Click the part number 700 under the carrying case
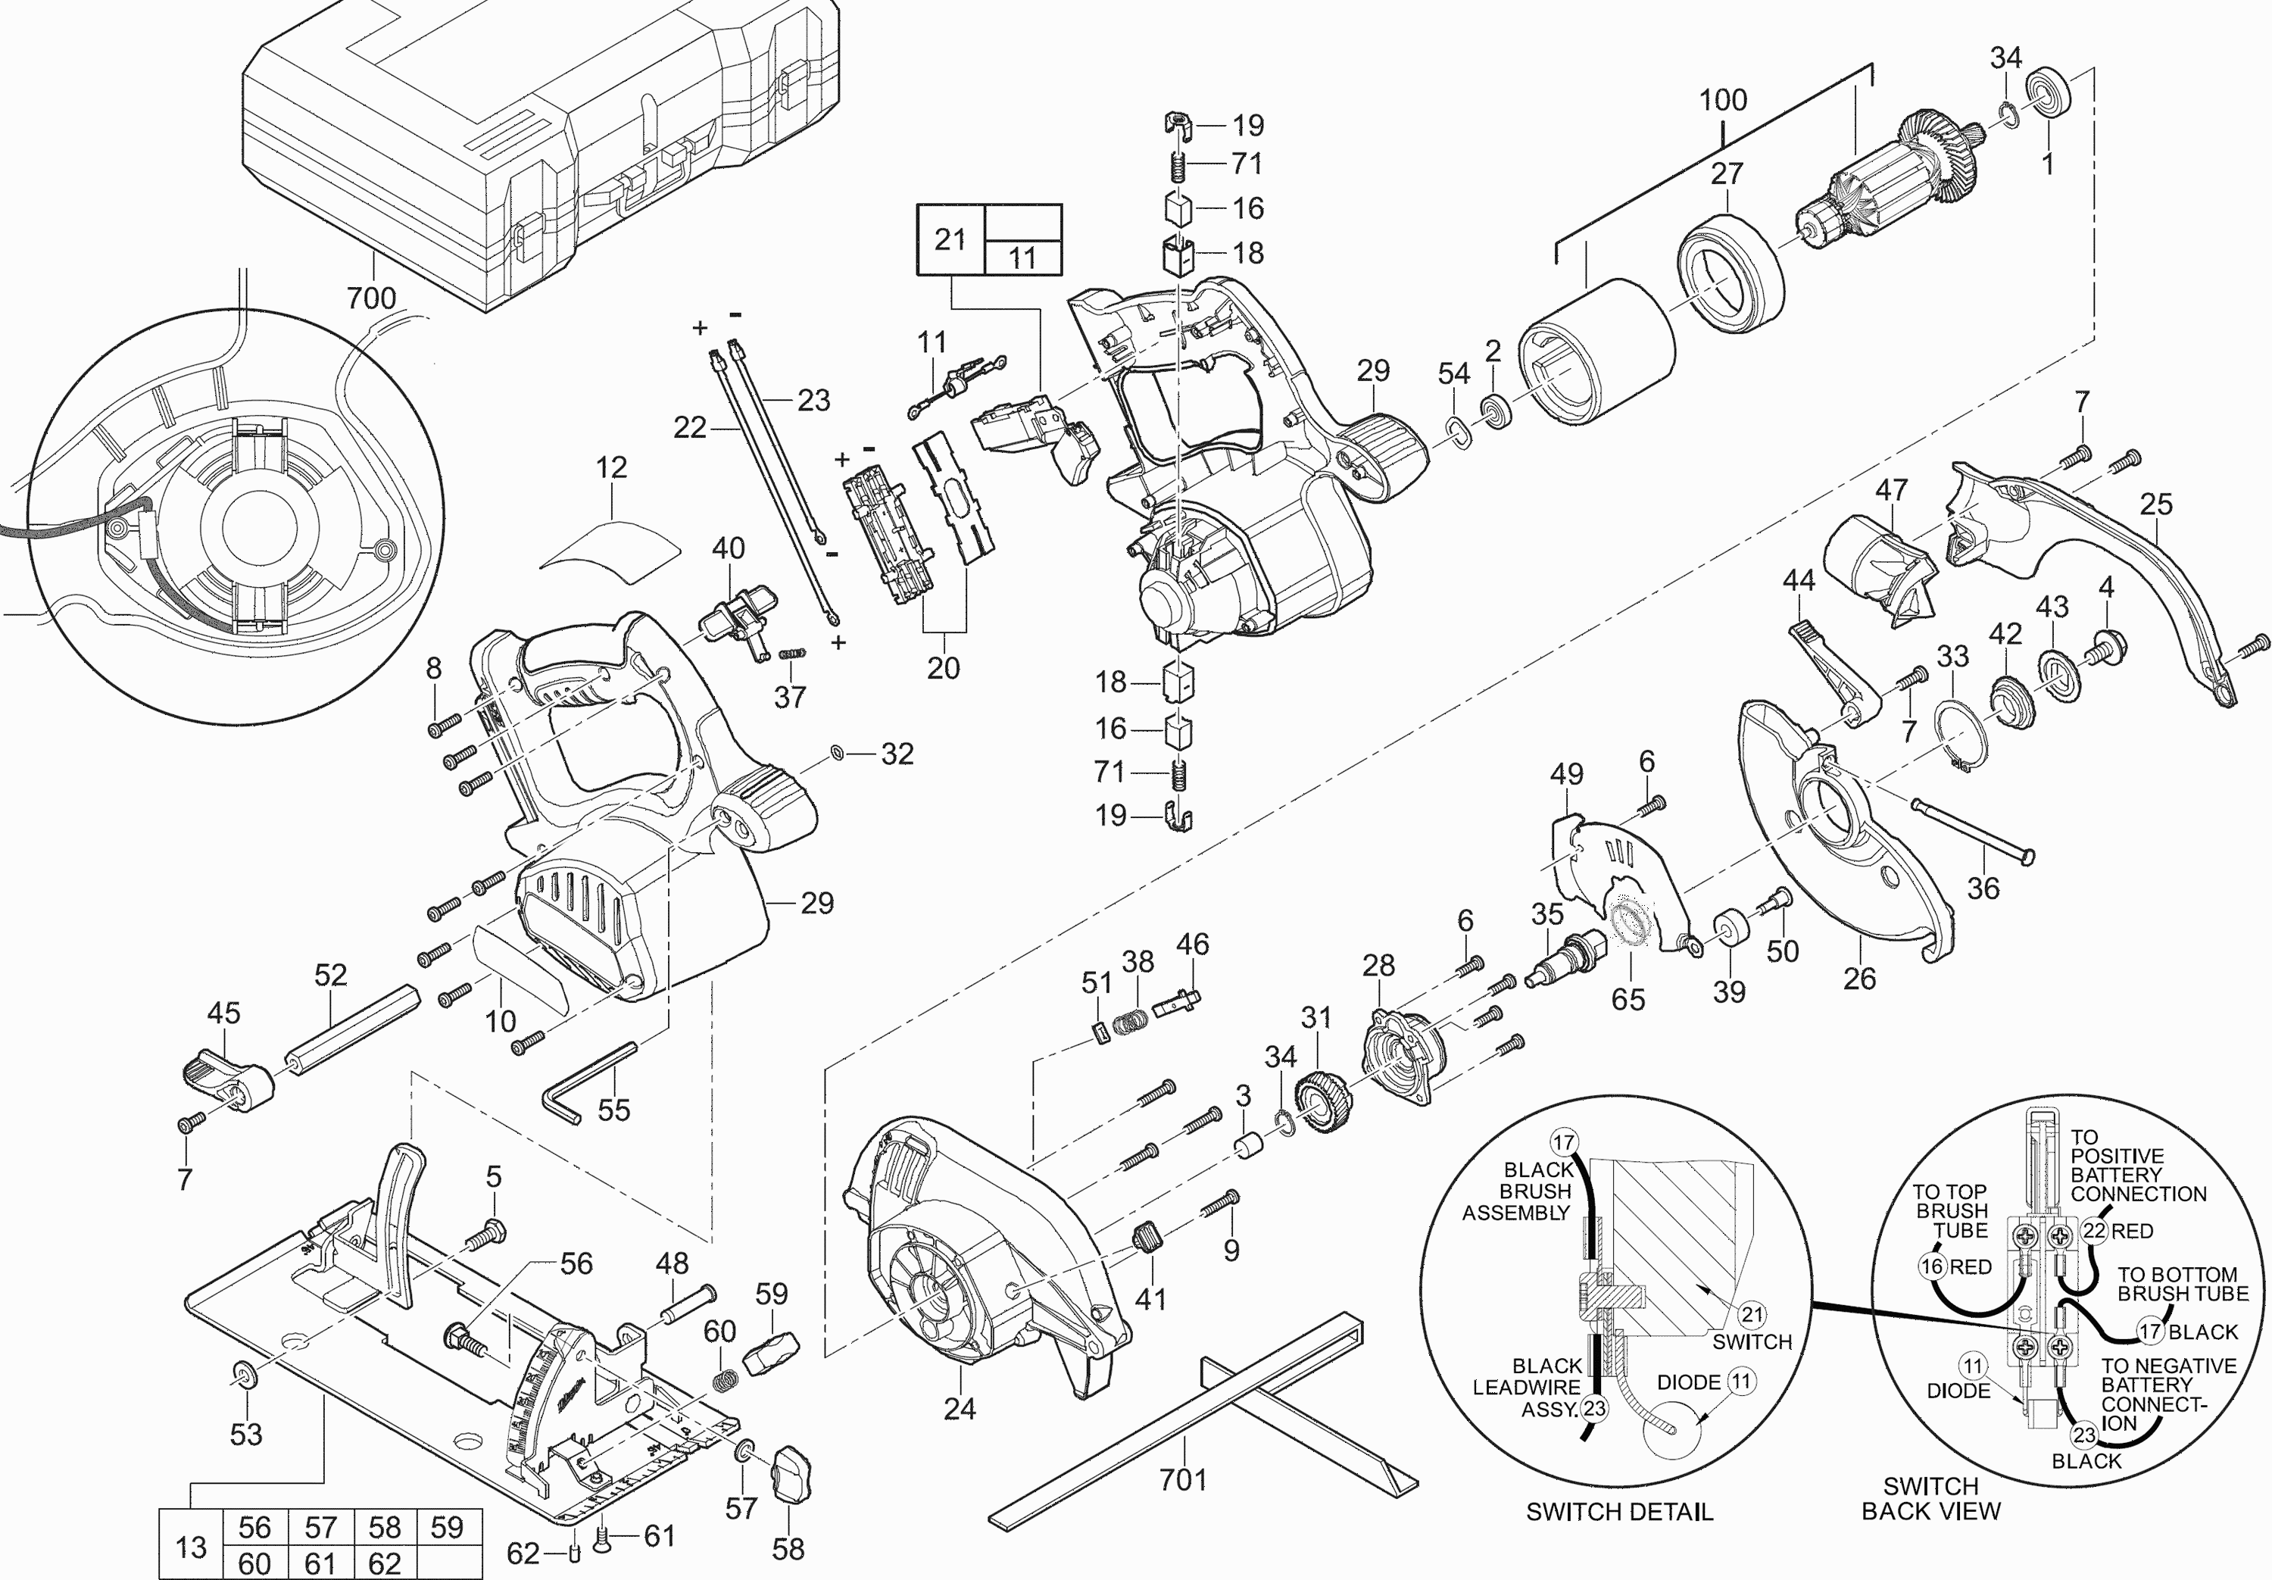coord(371,297)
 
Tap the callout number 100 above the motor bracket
coord(1723,100)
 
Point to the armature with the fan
coord(1865,188)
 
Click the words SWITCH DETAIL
coord(1619,1512)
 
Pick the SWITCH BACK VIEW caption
coord(1930,1499)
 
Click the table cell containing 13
coord(191,1547)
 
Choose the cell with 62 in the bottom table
coord(385,1564)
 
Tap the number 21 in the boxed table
coord(950,239)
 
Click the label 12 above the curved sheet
coord(611,467)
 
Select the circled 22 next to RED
coord(2095,1232)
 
